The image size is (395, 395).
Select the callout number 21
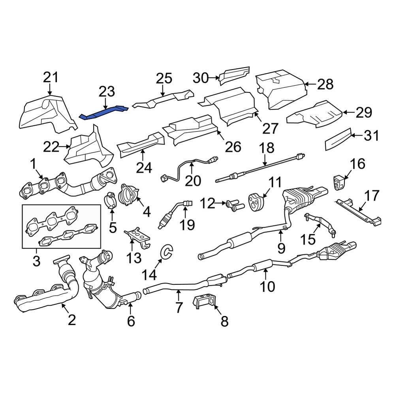(x=51, y=77)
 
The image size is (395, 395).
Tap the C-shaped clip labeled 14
(x=166, y=252)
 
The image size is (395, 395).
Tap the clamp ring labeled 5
(x=111, y=200)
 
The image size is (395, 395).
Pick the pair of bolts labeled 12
(x=234, y=205)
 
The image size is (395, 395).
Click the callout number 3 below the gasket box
(x=36, y=261)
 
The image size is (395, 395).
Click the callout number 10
(x=267, y=286)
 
